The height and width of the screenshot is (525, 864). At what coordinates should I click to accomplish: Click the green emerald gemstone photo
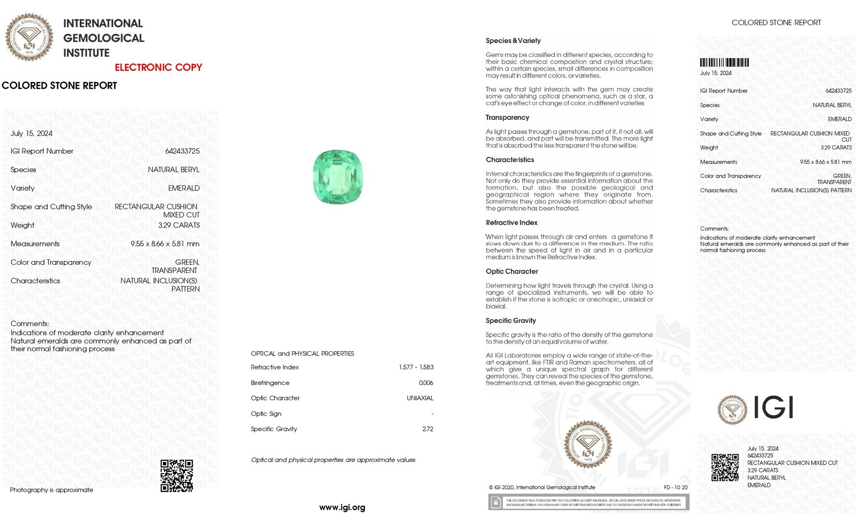pyautogui.click(x=337, y=177)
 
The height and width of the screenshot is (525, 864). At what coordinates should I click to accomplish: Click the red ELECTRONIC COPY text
pyautogui.click(x=158, y=68)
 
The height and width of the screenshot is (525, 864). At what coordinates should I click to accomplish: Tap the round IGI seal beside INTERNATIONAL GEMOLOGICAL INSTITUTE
pyautogui.click(x=29, y=37)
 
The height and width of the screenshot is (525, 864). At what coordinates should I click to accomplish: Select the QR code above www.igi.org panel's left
pyautogui.click(x=177, y=475)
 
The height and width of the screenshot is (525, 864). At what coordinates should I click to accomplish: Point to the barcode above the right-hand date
pyautogui.click(x=724, y=63)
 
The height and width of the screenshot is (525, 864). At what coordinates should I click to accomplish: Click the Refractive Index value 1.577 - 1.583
pyautogui.click(x=416, y=367)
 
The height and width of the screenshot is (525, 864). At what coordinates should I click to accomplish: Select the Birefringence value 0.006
pyautogui.click(x=426, y=383)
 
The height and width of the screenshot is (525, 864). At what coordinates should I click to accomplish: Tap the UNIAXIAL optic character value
pyautogui.click(x=420, y=398)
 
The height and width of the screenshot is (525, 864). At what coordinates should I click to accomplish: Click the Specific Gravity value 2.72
pyautogui.click(x=427, y=429)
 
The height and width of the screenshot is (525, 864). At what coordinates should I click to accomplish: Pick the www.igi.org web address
pyautogui.click(x=342, y=507)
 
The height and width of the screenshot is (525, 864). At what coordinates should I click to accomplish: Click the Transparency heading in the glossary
pyautogui.click(x=507, y=118)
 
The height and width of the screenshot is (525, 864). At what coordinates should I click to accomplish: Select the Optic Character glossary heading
pyautogui.click(x=512, y=272)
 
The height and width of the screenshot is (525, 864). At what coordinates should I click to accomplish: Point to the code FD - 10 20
pyautogui.click(x=675, y=487)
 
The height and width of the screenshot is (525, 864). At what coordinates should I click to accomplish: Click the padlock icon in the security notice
pyautogui.click(x=495, y=502)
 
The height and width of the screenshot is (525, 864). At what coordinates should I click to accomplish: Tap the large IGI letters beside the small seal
pyautogui.click(x=773, y=407)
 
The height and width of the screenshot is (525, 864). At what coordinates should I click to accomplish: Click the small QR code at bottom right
pyautogui.click(x=724, y=467)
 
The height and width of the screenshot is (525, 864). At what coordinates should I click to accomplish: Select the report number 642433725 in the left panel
pyautogui.click(x=182, y=151)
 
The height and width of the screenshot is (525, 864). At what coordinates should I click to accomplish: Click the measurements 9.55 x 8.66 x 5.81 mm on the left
pyautogui.click(x=165, y=244)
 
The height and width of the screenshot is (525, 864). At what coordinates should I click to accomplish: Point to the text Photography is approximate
pyautogui.click(x=51, y=490)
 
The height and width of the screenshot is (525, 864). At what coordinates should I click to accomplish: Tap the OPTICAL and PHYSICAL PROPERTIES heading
pyautogui.click(x=302, y=353)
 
